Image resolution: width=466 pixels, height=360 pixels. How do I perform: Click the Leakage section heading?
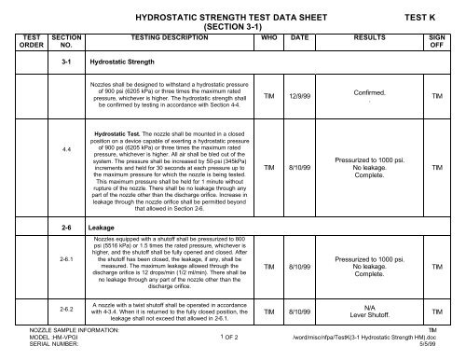click(101, 226)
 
